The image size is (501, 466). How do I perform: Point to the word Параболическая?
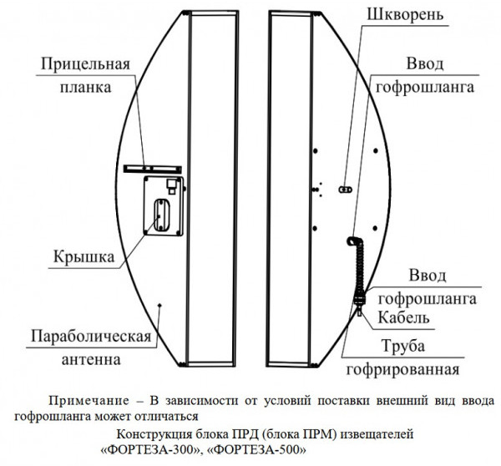tap(89, 337)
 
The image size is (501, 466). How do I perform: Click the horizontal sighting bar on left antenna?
tap(150, 168)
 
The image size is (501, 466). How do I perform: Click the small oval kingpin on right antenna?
tap(342, 190)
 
